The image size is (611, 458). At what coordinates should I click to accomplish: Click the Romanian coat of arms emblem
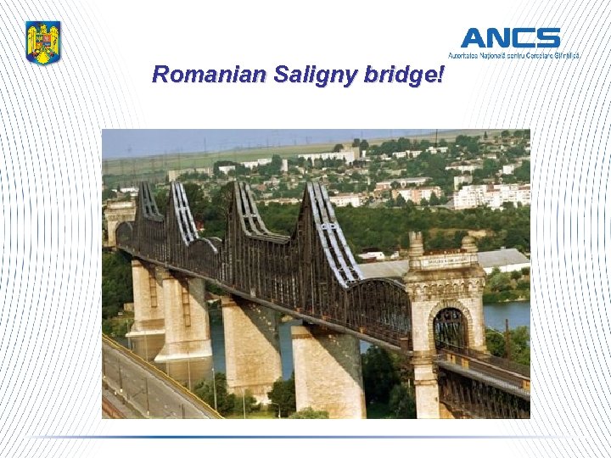[x=42, y=42]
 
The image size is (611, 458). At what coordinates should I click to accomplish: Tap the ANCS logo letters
[x=510, y=38]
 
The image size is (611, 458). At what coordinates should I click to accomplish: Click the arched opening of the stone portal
[x=450, y=327]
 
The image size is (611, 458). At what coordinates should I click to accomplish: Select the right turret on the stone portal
[x=468, y=246]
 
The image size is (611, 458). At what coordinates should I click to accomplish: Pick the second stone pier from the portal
[x=251, y=348]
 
